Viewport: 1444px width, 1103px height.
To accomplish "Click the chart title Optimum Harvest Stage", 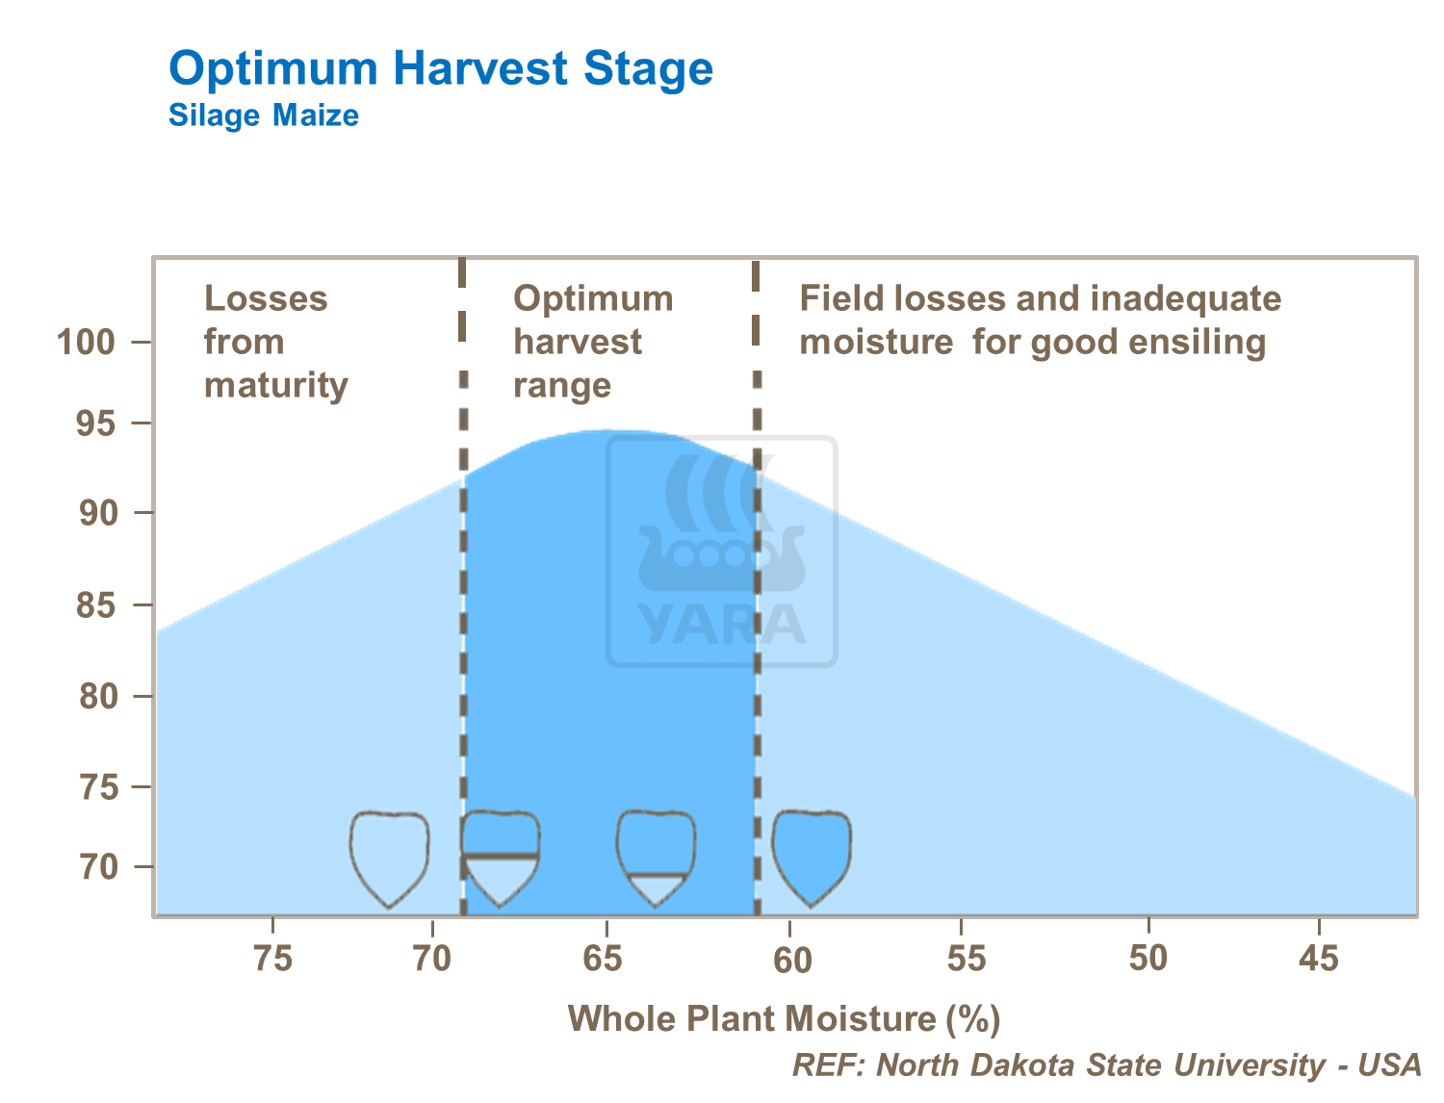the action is click(x=441, y=68).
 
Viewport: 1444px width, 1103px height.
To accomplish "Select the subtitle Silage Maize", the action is click(x=264, y=115).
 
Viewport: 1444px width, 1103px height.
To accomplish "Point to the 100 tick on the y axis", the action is click(x=86, y=342).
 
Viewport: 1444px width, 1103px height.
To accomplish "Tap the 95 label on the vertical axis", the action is click(x=95, y=423).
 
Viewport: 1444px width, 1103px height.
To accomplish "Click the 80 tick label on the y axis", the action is click(x=99, y=696).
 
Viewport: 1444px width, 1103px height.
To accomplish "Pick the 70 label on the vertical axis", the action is click(x=99, y=867).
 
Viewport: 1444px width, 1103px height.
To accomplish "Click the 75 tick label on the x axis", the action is click(x=273, y=959).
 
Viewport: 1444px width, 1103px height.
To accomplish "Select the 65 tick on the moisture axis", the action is click(x=603, y=959).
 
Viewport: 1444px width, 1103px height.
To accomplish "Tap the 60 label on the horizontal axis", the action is click(x=792, y=961).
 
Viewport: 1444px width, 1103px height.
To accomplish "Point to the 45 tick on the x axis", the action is click(x=1318, y=959).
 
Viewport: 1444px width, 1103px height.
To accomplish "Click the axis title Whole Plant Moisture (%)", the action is click(x=785, y=1019).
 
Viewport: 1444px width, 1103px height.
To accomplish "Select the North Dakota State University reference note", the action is click(x=1106, y=1065).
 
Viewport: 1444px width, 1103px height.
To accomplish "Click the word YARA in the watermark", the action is click(x=722, y=625).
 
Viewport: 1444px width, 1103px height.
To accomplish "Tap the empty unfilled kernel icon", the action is click(x=390, y=859).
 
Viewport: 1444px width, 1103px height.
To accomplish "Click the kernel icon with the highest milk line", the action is click(x=500, y=859).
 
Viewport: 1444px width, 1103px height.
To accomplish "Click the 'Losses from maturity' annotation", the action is click(x=276, y=342).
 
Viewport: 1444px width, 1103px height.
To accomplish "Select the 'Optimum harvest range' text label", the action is click(x=593, y=342).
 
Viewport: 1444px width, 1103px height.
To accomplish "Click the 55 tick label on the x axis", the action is click(x=967, y=959).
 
